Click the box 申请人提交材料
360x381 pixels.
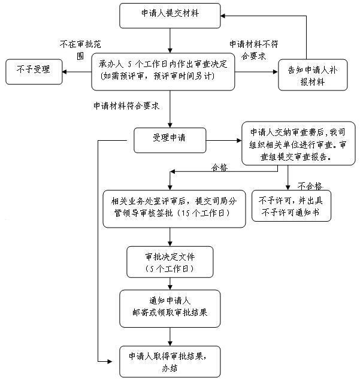[170, 15]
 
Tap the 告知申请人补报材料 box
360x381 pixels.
[312, 74]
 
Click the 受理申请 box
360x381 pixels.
[170, 137]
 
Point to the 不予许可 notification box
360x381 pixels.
[291, 206]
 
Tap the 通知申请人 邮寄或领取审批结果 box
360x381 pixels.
[170, 307]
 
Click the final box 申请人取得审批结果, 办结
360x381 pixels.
[170, 361]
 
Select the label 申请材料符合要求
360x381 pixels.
[126, 105]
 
